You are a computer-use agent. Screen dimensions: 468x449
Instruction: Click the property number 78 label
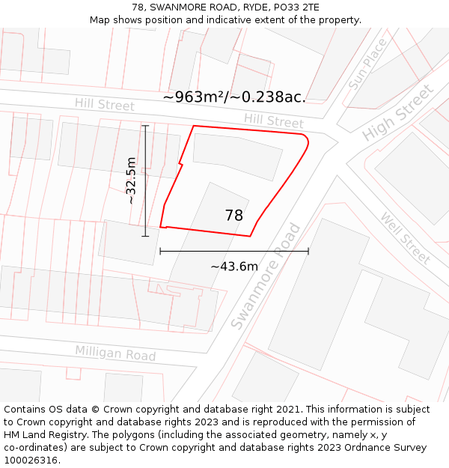pos(234,216)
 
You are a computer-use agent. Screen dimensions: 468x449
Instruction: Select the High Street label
pos(397,113)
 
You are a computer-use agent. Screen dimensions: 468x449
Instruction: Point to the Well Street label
pos(406,238)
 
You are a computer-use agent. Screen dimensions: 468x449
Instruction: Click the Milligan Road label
pos(115,353)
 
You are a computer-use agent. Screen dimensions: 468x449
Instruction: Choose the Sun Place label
pos(368,64)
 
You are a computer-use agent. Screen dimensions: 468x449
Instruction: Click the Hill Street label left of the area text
pos(104,105)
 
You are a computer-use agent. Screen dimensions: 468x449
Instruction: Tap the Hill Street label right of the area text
pos(274,120)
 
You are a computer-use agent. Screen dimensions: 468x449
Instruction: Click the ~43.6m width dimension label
pos(234,267)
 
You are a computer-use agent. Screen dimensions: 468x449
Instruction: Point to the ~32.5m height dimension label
pos(131,180)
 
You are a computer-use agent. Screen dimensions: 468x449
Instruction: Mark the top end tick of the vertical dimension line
pos(145,126)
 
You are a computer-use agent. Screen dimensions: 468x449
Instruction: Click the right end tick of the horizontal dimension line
pos(308,252)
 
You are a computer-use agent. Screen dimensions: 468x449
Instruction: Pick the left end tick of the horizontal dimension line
pos(160,252)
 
